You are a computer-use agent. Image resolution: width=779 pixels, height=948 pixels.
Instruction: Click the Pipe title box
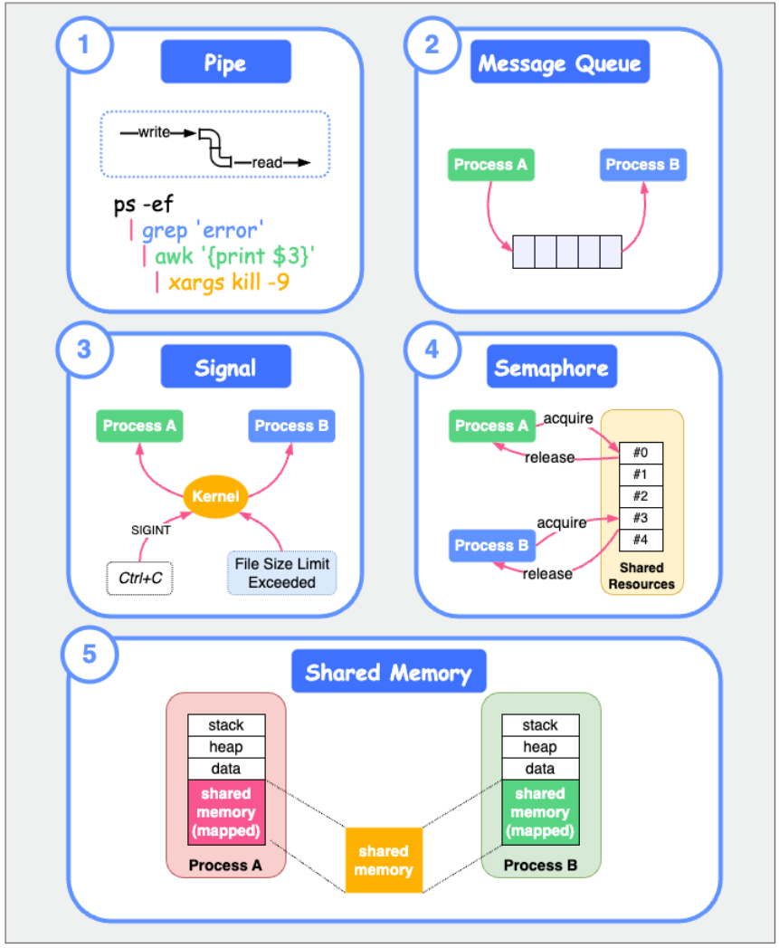click(225, 64)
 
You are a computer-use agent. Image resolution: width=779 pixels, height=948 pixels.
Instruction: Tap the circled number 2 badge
click(432, 45)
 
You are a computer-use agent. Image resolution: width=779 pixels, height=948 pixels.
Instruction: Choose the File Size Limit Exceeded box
click(281, 573)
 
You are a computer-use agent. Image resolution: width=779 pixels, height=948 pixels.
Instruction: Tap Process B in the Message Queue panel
click(642, 165)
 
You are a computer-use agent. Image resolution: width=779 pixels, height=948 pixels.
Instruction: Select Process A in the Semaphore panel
click(491, 426)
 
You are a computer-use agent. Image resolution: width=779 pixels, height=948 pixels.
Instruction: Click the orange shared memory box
click(383, 860)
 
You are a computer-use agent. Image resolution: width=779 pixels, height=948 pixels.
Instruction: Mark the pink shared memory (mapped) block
click(226, 812)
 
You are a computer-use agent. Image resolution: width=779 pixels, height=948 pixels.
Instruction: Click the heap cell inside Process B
click(540, 747)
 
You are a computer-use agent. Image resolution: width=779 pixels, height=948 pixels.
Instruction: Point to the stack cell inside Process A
click(226, 725)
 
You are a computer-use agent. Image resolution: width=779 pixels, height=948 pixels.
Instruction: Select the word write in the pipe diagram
click(154, 133)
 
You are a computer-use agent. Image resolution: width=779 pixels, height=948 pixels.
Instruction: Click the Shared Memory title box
click(388, 674)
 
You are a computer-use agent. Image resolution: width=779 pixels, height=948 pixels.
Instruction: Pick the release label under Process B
click(547, 574)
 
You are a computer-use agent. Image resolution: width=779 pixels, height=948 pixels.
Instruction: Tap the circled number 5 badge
click(89, 654)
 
